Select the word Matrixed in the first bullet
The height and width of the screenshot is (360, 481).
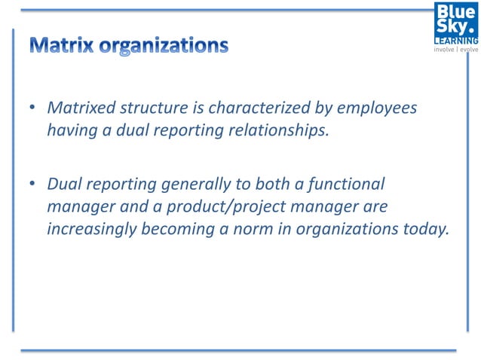coord(79,108)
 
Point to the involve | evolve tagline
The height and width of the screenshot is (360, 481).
coord(455,50)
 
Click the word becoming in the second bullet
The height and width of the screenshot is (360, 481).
coord(178,229)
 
